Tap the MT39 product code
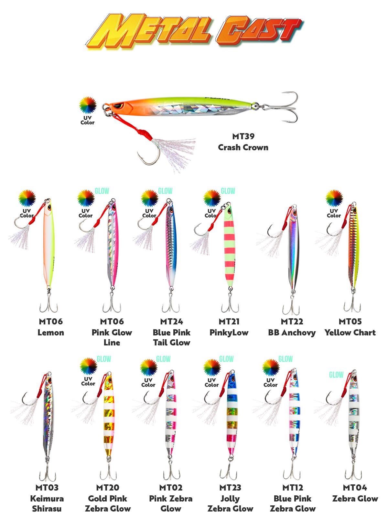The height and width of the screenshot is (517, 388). [243, 136]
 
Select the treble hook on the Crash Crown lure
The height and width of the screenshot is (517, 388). [286, 107]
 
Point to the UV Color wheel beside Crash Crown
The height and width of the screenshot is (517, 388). [88, 105]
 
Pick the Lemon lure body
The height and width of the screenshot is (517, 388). [48, 246]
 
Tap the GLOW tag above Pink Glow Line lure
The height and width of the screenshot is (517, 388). [102, 191]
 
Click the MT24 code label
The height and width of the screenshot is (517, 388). [171, 322]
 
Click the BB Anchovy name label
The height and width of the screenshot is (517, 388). [292, 332]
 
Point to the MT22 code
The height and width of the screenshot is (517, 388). [292, 322]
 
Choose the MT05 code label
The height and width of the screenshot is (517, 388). [350, 322]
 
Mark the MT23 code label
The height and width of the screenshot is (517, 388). [230, 488]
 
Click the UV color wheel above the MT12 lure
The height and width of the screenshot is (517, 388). [270, 367]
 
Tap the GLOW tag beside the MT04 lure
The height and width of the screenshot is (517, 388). [336, 375]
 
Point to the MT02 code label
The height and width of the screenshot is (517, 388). [171, 488]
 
